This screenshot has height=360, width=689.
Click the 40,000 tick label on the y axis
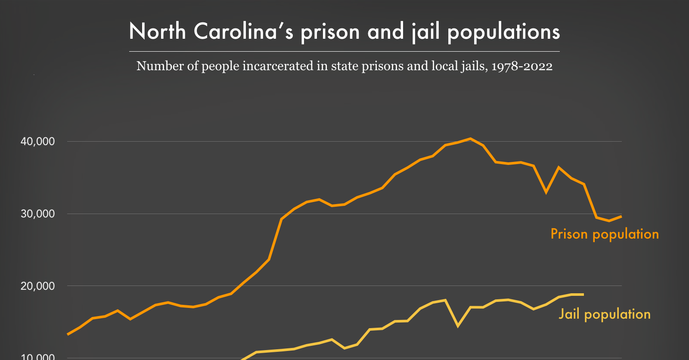click(x=38, y=142)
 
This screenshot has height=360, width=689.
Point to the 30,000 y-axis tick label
click(x=38, y=214)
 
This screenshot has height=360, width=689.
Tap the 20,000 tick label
click(x=38, y=286)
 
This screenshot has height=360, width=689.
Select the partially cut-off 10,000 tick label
click(x=38, y=357)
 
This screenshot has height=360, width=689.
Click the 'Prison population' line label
click(x=605, y=234)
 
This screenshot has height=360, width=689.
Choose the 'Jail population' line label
click(x=605, y=314)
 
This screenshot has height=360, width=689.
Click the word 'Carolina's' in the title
click(x=243, y=32)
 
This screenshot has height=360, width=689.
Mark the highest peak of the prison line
click(x=470, y=139)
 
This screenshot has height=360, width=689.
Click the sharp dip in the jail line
click(x=458, y=326)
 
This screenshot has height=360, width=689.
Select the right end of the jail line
click(x=583, y=295)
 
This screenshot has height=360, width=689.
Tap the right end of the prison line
click(x=621, y=217)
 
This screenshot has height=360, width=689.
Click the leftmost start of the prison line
click(x=68, y=334)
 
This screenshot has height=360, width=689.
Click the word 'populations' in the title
click(x=504, y=32)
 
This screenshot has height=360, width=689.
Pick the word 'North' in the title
click(x=157, y=32)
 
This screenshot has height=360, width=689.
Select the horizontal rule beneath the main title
click(x=344, y=52)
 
